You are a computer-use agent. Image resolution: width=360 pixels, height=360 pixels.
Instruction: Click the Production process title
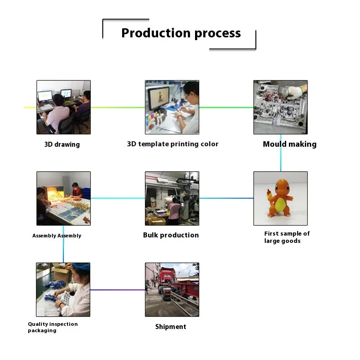pos(181,33)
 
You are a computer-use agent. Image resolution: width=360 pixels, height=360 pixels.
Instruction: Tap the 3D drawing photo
pos(63,107)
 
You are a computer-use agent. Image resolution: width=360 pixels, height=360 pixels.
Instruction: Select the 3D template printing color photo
pos(172,107)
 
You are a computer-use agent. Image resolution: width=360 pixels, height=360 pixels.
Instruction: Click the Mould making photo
pos(280,107)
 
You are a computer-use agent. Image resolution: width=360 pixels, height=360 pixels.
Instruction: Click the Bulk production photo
pos(172,198)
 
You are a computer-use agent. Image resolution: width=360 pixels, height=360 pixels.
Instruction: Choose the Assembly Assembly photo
pos(63,198)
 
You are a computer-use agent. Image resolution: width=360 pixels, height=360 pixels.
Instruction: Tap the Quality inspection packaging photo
pos(63,289)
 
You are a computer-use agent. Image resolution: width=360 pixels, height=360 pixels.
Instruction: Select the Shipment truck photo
pos(172,289)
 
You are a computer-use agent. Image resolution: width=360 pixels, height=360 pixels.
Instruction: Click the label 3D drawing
pos(62,144)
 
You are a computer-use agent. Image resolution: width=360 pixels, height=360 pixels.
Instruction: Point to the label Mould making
pos(289,144)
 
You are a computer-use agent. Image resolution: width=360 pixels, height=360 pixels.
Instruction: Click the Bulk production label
pos(171,235)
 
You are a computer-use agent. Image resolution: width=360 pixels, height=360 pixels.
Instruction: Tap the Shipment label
pos(170,327)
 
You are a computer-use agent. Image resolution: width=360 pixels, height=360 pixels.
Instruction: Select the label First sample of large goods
pos(287,237)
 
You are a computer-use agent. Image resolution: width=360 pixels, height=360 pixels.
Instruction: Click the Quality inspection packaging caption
pos(52,327)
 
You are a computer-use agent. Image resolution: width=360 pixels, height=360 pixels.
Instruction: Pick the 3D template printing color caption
pos(173,144)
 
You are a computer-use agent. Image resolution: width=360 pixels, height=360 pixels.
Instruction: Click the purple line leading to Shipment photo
pos(118,289)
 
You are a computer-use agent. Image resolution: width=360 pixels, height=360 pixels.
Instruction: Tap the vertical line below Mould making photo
pos(280,153)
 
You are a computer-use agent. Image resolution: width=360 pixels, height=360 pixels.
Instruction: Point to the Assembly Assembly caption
pos(57,236)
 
